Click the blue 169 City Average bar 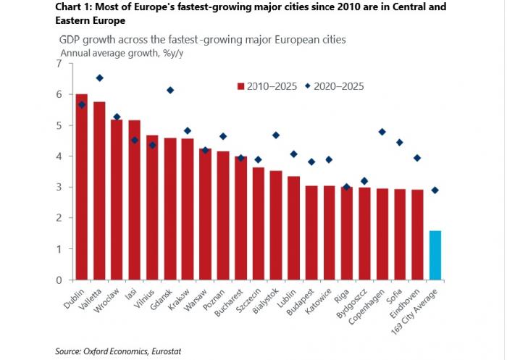435,255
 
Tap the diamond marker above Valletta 99,78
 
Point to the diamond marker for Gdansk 170,90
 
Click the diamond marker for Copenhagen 382,132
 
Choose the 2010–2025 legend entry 266,85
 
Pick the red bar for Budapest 311,233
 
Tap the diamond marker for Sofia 400,142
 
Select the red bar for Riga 347,233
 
